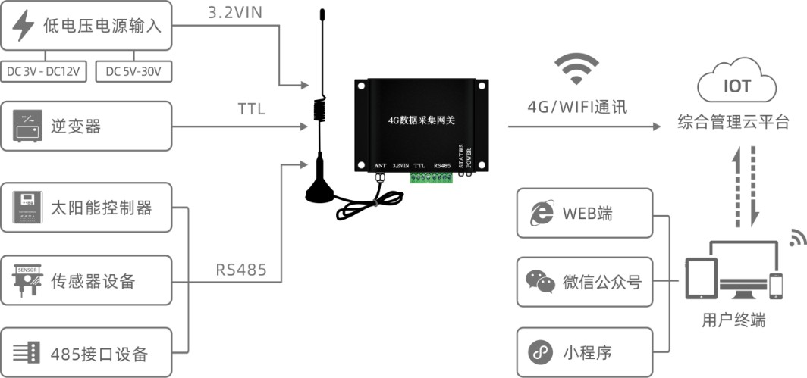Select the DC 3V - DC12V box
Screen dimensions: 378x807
[x=45, y=71]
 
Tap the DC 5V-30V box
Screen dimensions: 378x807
[x=134, y=71]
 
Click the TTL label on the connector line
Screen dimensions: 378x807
[x=251, y=110]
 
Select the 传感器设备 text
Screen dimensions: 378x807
[x=92, y=281]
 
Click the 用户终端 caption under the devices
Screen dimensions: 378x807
[x=733, y=320]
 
